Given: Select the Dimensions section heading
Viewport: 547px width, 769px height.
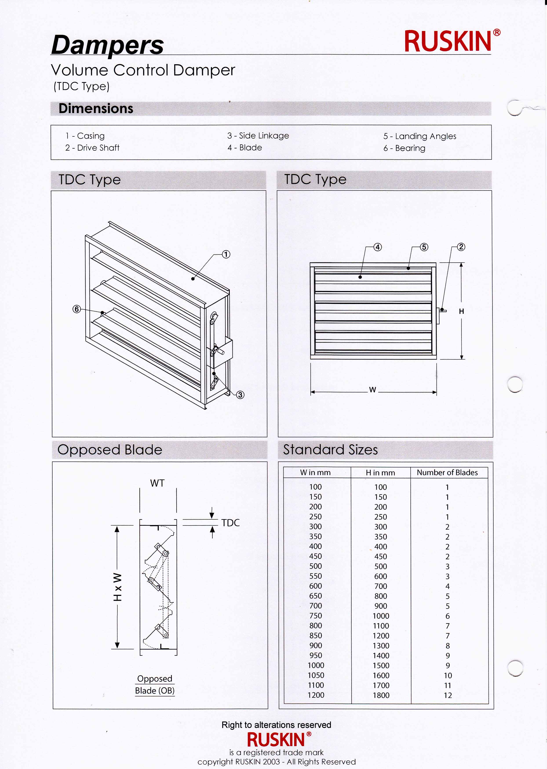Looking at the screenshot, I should pyautogui.click(x=96, y=108).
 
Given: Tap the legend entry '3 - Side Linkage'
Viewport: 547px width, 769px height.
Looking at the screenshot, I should pyautogui.click(x=258, y=136).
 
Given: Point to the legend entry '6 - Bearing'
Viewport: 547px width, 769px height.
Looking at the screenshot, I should pyautogui.click(x=404, y=148).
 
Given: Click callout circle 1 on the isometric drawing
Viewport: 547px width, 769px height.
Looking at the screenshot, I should pyautogui.click(x=226, y=255).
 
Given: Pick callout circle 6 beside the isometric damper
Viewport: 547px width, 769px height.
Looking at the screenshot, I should pyautogui.click(x=77, y=309).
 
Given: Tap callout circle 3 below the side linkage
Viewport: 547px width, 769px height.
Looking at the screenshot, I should pyautogui.click(x=240, y=395).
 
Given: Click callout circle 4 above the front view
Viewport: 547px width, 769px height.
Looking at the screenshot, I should pyautogui.click(x=378, y=247).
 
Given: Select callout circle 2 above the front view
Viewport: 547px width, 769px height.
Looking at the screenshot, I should pyautogui.click(x=461, y=247).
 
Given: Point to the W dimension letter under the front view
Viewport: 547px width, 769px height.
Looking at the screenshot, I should pyautogui.click(x=372, y=390).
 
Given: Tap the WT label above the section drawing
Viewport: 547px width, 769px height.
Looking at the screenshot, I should pyautogui.click(x=157, y=483).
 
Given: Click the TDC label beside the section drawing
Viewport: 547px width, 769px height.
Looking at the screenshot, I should pyautogui.click(x=230, y=523).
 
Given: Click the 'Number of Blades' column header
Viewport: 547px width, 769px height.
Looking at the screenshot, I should pyautogui.click(x=447, y=472).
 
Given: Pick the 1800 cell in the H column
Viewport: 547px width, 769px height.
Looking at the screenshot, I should pyautogui.click(x=381, y=695).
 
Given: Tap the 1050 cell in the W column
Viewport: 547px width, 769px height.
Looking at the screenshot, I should pyautogui.click(x=316, y=675).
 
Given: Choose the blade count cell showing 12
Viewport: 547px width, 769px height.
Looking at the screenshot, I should pyautogui.click(x=448, y=695).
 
